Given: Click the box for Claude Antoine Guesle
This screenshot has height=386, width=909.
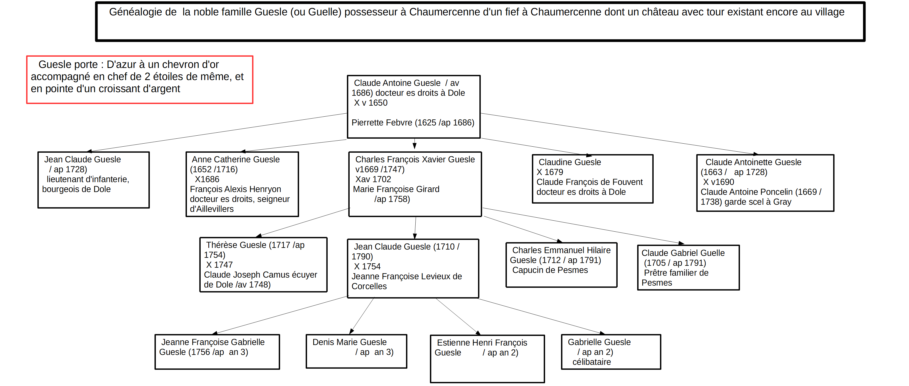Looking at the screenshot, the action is pos(414,107).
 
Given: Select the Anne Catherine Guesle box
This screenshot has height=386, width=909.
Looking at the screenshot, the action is pos(242,184).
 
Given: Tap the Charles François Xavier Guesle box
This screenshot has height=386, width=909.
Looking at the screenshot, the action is pos(415,184).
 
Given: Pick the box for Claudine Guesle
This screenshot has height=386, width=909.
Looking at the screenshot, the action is pos(592,179).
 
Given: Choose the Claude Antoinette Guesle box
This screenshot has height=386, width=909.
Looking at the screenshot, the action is pos(765,183).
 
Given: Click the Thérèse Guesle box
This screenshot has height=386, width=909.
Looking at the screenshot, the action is pos(263,264).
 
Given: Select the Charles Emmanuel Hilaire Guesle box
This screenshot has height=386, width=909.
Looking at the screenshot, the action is pos(561,265).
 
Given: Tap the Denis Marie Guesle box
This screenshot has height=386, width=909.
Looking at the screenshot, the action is pos(357,351).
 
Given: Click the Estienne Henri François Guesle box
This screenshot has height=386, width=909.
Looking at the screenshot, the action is pos(487,359).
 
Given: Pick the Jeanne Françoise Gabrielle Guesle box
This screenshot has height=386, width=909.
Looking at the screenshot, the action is pos(217,352).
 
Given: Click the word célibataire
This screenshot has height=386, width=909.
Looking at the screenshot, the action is pos(592,362).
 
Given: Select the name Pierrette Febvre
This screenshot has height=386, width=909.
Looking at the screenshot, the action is pos(382,122).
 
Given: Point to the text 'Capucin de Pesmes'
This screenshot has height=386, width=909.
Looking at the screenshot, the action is pos(550,270).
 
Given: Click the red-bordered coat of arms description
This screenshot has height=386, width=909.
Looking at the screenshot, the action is pos(140,80).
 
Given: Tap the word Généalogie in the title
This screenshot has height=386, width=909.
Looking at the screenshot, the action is pos(143,12).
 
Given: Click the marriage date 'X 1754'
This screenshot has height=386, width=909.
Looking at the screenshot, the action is pos(367,267).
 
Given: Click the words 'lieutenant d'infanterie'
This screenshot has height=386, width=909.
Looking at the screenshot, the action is pos(88,179).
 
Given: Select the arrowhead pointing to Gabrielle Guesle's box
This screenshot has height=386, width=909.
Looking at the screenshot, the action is pos(602,333).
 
